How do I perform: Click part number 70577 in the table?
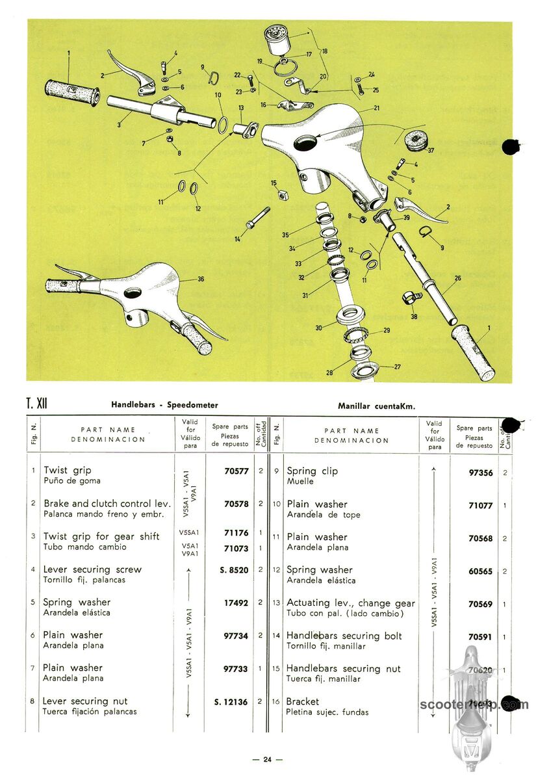click(236, 471)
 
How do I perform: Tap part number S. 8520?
click(234, 569)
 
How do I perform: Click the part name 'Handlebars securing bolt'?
click(344, 636)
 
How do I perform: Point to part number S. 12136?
click(231, 701)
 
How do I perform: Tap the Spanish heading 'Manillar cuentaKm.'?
click(376, 406)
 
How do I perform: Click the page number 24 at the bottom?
click(267, 759)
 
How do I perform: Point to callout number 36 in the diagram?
click(201, 279)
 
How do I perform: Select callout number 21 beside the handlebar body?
click(376, 108)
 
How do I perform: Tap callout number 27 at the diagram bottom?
click(397, 367)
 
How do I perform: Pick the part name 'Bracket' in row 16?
click(303, 701)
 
